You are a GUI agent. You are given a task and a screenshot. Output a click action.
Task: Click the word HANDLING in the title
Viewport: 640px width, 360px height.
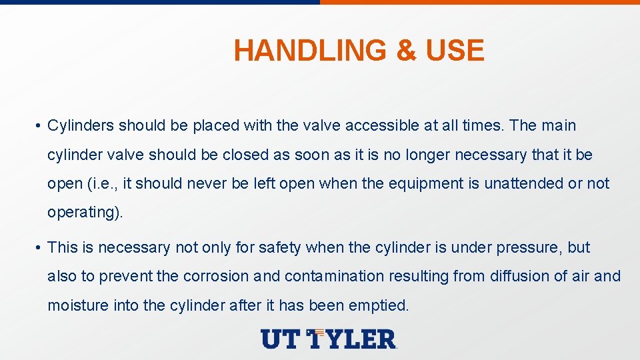309,51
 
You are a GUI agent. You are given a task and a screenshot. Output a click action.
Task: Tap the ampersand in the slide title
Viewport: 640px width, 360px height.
406,51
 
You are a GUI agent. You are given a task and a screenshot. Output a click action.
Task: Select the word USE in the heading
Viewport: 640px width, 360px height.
455,51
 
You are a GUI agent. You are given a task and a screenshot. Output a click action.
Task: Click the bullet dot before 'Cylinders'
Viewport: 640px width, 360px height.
40,126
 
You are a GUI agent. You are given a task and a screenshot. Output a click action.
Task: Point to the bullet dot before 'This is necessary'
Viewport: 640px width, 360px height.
40,248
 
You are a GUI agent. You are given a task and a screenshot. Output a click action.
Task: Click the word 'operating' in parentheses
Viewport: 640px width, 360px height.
79,213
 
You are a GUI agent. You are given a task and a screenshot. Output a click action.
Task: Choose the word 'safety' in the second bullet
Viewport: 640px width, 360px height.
281,247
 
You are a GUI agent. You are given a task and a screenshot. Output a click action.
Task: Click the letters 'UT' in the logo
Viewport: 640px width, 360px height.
281,339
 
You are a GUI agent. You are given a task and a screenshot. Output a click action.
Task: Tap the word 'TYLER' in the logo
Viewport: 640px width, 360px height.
353,339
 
